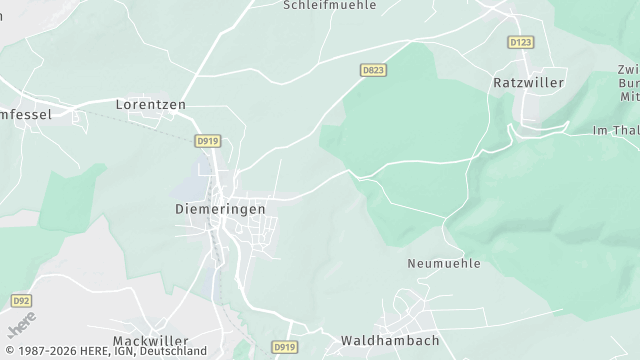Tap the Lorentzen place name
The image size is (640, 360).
click(150, 104)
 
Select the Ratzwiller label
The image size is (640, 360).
click(529, 83)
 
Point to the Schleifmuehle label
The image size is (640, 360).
click(329, 5)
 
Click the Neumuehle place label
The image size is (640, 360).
click(444, 264)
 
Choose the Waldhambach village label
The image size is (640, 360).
click(389, 341)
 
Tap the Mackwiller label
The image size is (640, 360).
click(150, 341)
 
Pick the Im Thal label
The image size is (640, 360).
click(614, 131)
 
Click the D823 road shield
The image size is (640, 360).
click(373, 69)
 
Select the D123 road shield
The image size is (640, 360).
click(520, 42)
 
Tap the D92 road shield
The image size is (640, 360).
click(21, 300)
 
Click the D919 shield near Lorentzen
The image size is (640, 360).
click(207, 142)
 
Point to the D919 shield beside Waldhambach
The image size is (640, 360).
click(284, 347)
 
